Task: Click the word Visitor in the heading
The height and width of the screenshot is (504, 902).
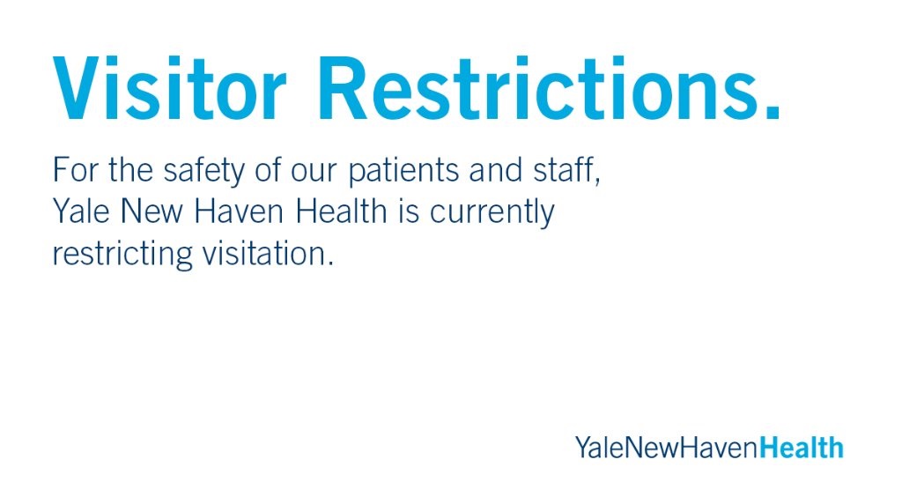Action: [169, 88]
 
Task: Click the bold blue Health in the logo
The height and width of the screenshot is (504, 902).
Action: [801, 447]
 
